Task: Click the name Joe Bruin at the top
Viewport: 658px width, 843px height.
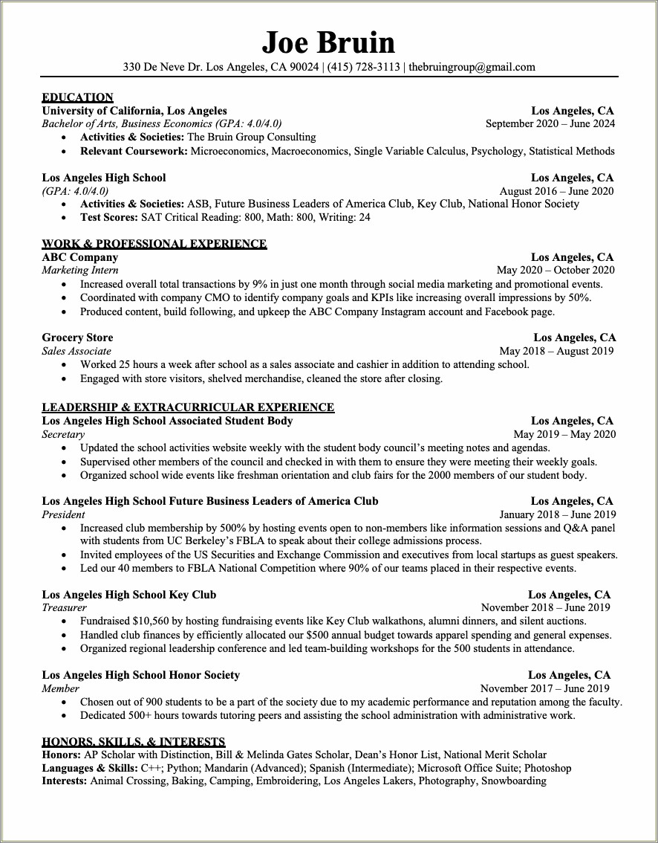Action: [328, 42]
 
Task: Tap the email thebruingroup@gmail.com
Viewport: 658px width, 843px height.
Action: [472, 67]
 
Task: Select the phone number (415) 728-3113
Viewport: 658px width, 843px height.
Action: [364, 67]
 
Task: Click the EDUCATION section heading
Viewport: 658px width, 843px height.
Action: [77, 97]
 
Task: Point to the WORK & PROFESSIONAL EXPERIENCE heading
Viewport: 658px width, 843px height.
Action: [154, 244]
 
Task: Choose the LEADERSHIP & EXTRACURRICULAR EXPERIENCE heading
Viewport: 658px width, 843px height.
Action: [188, 407]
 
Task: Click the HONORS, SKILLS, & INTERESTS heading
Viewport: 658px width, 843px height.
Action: [134, 742]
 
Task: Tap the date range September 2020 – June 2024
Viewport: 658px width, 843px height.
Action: [550, 124]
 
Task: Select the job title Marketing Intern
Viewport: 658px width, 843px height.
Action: [80, 271]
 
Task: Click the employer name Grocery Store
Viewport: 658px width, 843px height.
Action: [77, 337]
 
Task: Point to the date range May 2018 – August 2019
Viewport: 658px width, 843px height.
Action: [557, 351]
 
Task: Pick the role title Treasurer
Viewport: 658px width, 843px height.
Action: [65, 608]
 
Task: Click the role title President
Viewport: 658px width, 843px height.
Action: [64, 514]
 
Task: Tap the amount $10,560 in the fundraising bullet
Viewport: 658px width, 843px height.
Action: [152, 621]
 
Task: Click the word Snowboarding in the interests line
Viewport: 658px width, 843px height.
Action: [513, 781]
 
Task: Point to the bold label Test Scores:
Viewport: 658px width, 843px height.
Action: [109, 218]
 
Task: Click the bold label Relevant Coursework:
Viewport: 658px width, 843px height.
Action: [134, 151]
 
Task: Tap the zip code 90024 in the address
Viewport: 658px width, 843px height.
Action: [304, 67]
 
